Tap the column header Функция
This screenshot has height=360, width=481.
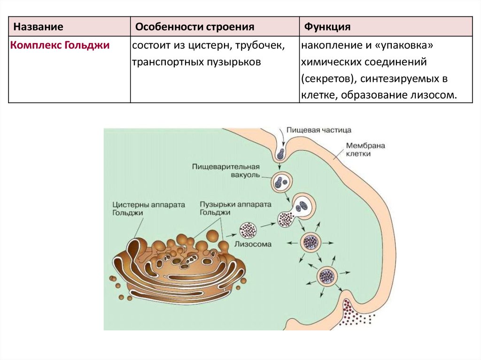click(327, 27)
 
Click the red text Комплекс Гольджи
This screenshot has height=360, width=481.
click(60, 46)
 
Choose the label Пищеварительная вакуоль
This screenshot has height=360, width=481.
click(226, 170)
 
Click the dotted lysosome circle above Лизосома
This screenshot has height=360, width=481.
click(247, 230)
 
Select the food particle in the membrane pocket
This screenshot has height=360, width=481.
click(280, 153)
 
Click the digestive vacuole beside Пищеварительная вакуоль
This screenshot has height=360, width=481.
click(282, 181)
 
